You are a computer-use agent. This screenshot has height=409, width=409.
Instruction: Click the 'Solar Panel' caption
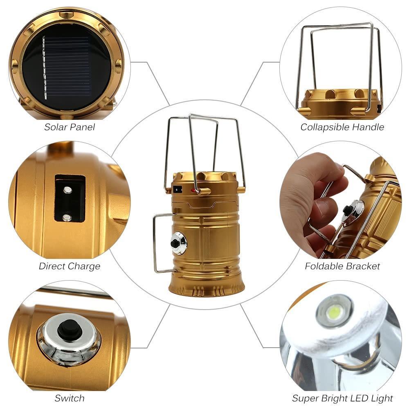click(70, 127)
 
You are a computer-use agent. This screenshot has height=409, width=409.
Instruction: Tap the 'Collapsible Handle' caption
click(342, 127)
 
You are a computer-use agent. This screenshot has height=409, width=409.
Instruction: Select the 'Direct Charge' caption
click(70, 266)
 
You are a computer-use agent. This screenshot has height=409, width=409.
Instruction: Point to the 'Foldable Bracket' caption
click(342, 266)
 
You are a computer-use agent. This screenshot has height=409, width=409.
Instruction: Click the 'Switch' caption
click(70, 398)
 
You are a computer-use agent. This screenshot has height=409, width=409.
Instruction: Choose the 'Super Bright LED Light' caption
click(342, 398)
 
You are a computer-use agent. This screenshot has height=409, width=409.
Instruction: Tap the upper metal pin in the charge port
click(67, 189)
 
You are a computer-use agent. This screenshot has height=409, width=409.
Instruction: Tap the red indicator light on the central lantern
click(193, 190)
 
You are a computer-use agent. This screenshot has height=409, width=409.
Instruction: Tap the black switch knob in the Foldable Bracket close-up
click(347, 209)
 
